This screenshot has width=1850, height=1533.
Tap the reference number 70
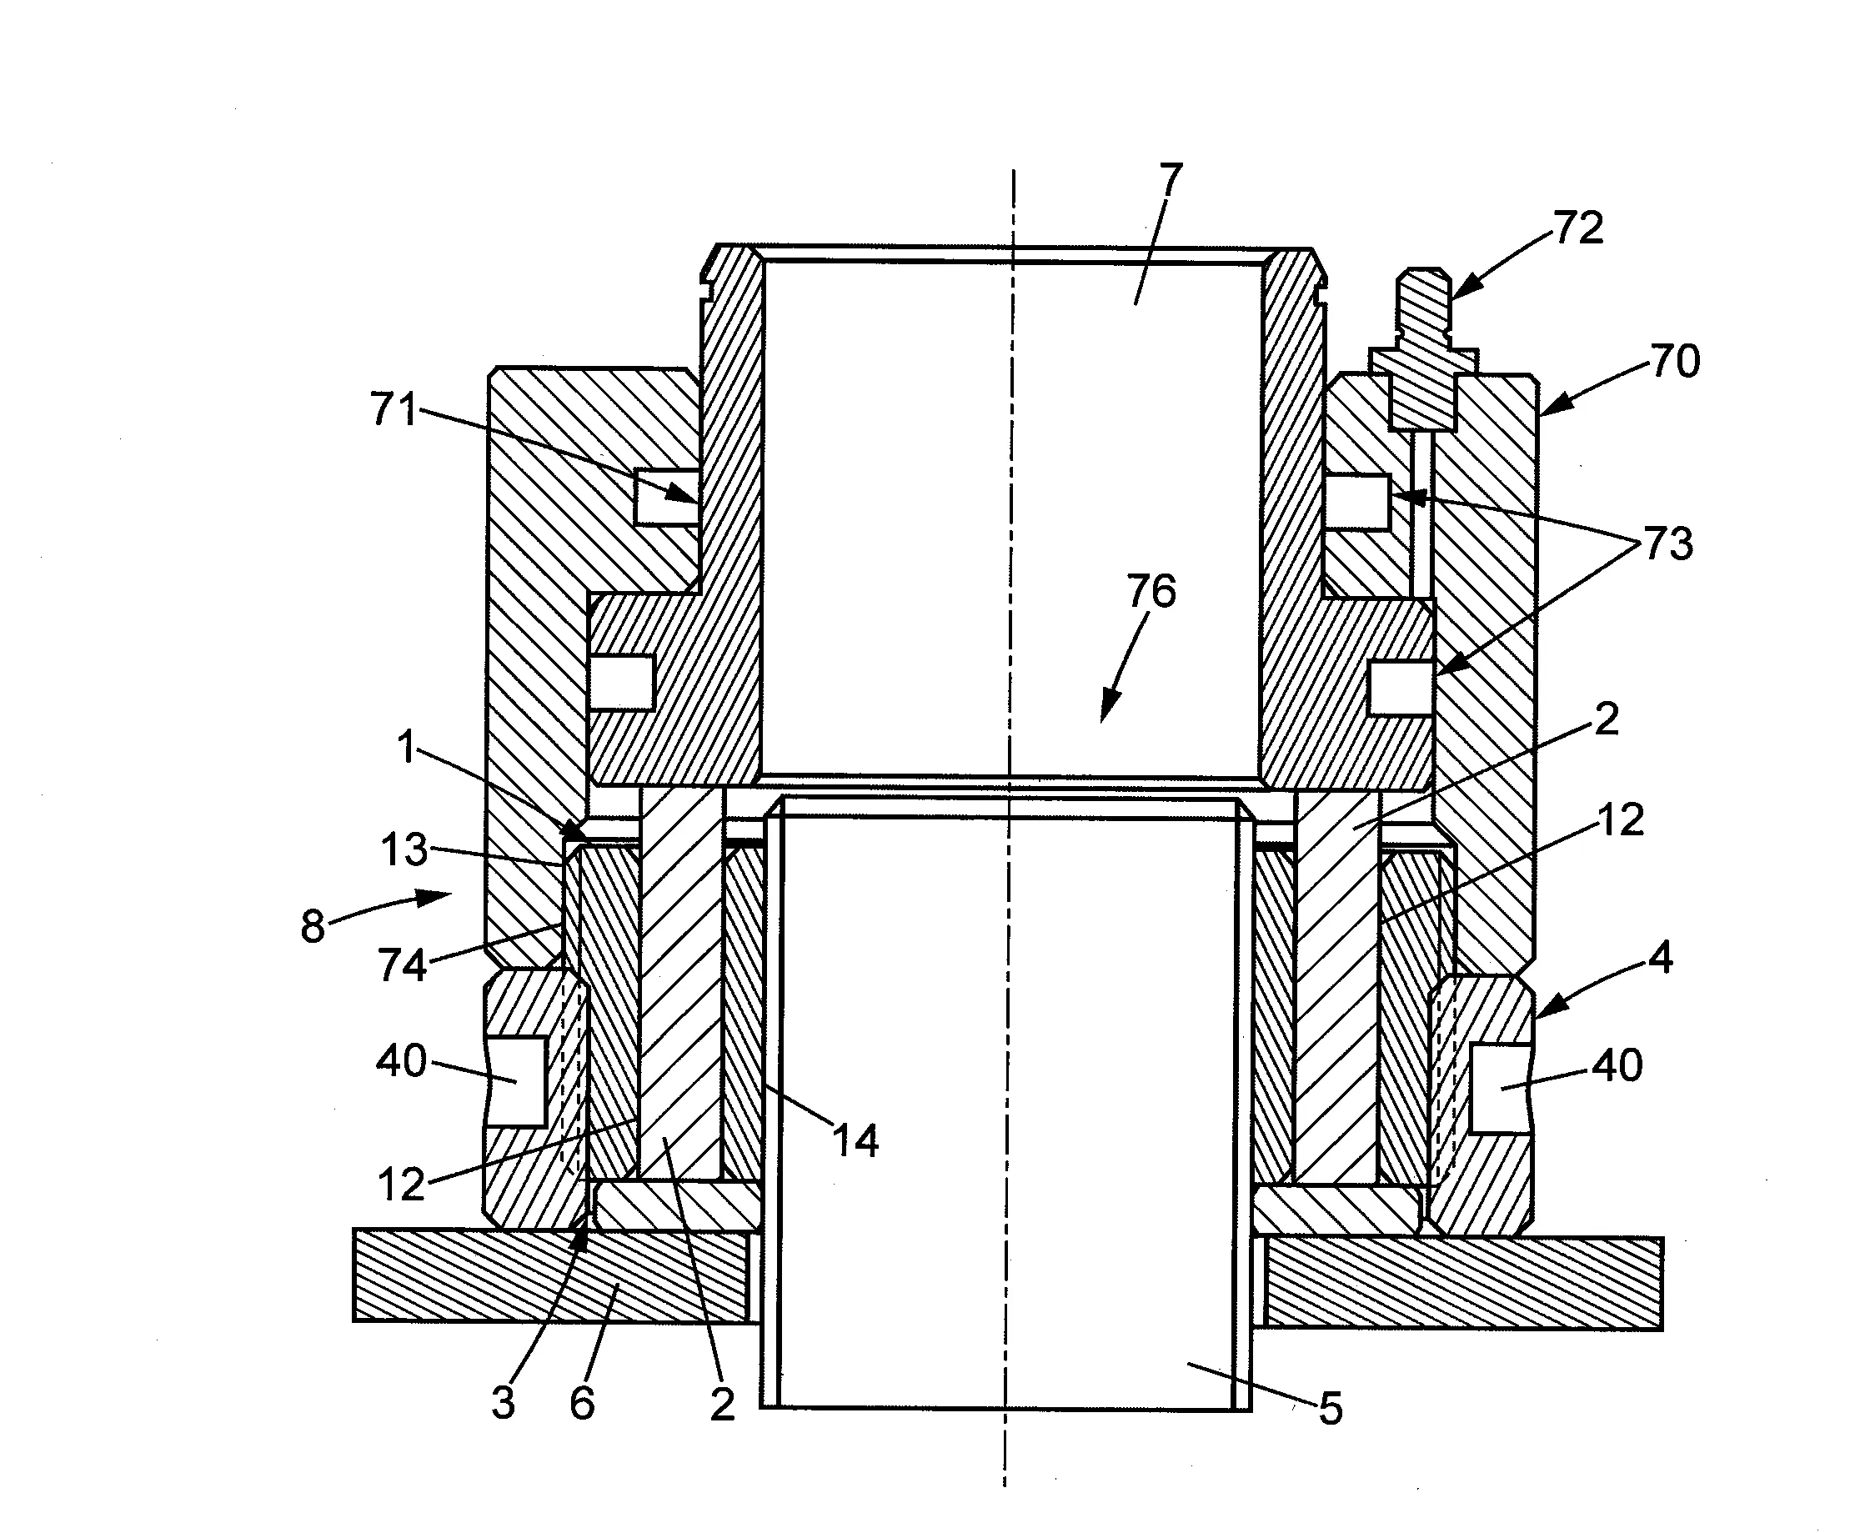[x=1675, y=361]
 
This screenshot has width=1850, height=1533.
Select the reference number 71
[x=393, y=408]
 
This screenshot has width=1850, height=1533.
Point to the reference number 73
[x=1667, y=544]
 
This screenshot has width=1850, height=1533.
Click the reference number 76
[x=1151, y=591]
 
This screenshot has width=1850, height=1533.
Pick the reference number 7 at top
[x=1170, y=181]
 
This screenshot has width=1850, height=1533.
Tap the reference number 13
[x=404, y=850]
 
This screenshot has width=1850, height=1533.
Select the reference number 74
[x=403, y=964]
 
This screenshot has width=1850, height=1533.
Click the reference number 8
[x=313, y=927]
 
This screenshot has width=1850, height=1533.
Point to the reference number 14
[x=855, y=1141]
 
